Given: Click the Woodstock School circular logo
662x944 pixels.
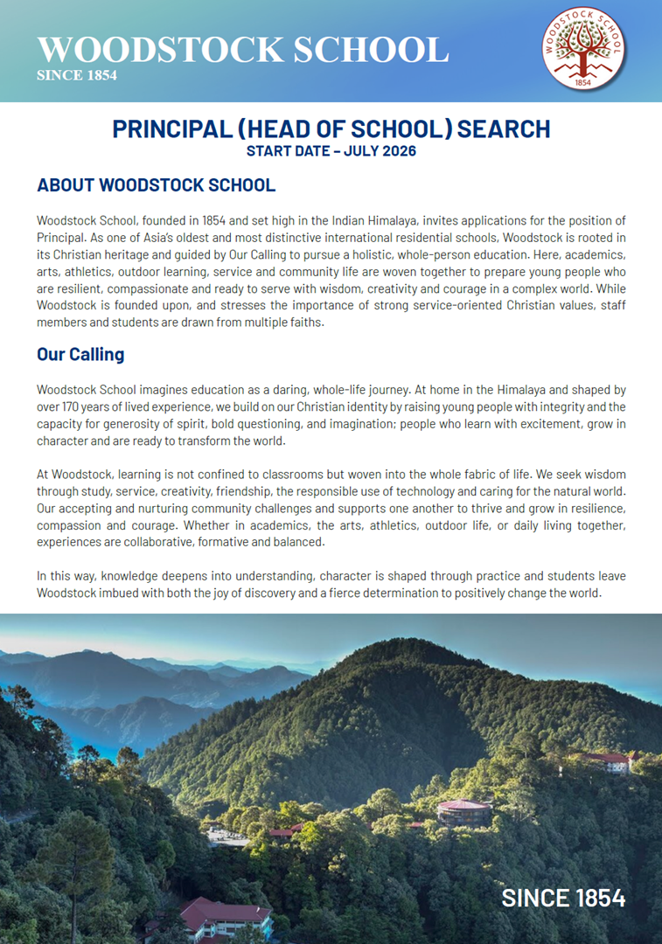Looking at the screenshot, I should point(584,50).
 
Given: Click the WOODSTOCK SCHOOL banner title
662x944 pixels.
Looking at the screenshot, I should point(242,49).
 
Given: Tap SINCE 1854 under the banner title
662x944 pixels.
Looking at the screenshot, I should point(77,75).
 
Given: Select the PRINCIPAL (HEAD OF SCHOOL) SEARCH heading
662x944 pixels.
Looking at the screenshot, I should point(331,129).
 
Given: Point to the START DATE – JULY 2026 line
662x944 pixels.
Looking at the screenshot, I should point(331,151).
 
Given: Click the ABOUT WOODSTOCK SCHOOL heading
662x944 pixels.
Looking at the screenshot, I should point(156,185).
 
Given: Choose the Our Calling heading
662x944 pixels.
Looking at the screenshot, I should point(80,354).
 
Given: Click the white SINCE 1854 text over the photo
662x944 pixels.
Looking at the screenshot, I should point(563,898).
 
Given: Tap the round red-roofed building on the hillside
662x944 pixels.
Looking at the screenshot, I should point(463,810).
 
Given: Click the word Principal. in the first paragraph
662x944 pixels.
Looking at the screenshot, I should point(60,239).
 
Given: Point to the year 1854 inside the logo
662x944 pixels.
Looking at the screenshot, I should point(584,81).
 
